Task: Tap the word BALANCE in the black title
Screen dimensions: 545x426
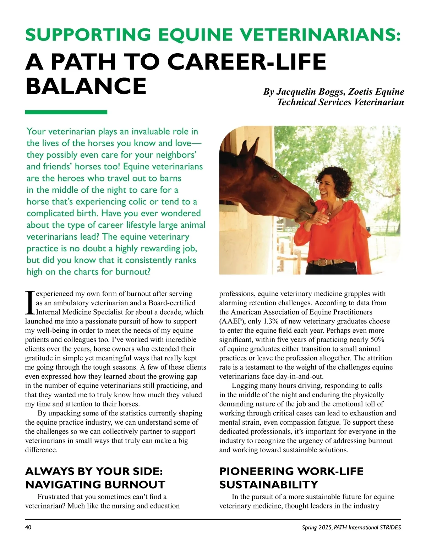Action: tap(86, 86)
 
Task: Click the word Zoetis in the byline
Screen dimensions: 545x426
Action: tap(362, 92)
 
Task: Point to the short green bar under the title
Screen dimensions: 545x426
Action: tap(66, 112)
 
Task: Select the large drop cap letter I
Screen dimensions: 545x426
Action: tap(30, 303)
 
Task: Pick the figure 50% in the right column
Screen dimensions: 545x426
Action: tap(377, 340)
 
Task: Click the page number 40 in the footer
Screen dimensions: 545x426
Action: tap(28, 528)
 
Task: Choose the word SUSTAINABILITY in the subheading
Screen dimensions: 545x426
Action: tap(268, 485)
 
